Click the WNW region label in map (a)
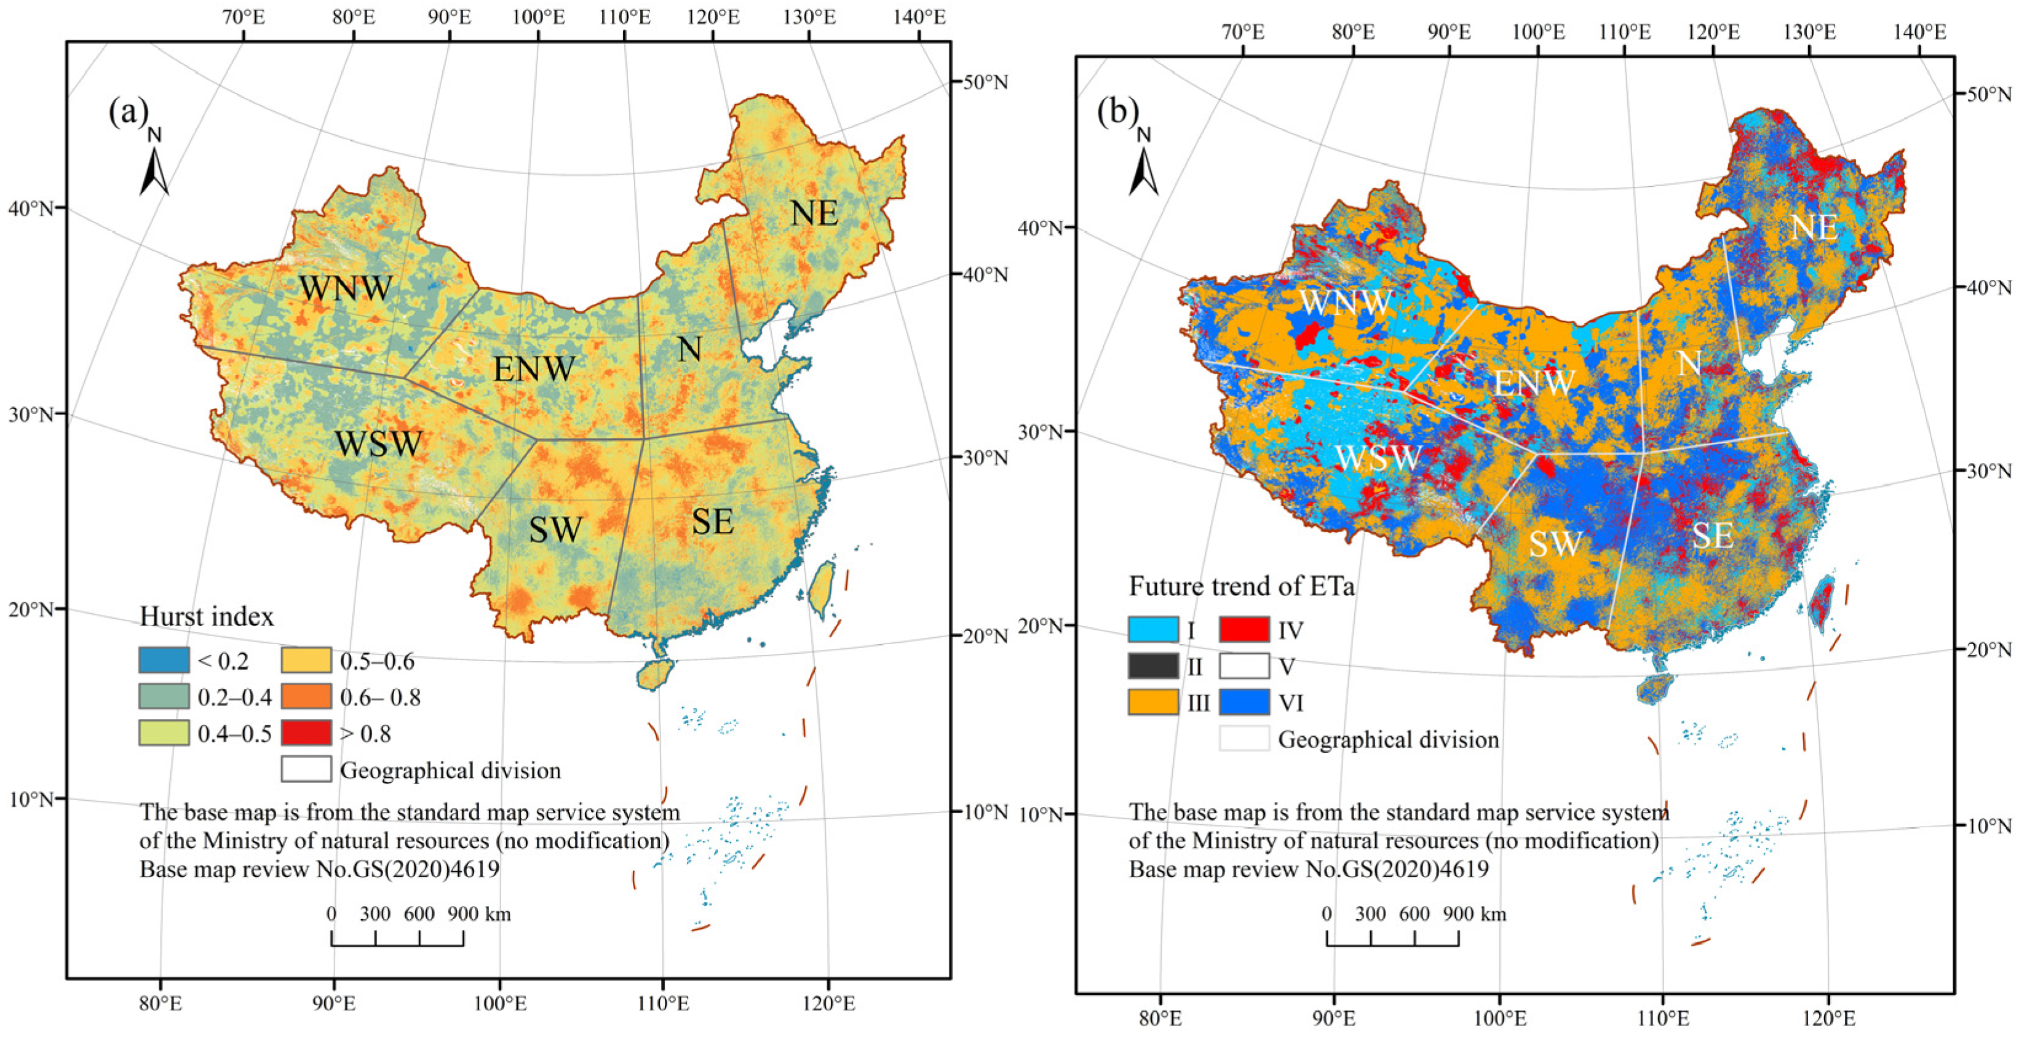[x=346, y=288]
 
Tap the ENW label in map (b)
[x=1534, y=383]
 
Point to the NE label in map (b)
[x=1814, y=228]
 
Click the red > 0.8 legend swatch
[x=306, y=733]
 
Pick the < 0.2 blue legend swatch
[x=164, y=661]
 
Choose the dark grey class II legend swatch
[x=1153, y=666]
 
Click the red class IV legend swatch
[x=1244, y=629]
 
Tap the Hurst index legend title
[x=207, y=617]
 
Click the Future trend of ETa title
[x=1240, y=586]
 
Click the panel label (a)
[x=128, y=111]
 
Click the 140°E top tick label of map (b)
[x=1919, y=32]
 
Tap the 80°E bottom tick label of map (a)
[x=160, y=1003]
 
